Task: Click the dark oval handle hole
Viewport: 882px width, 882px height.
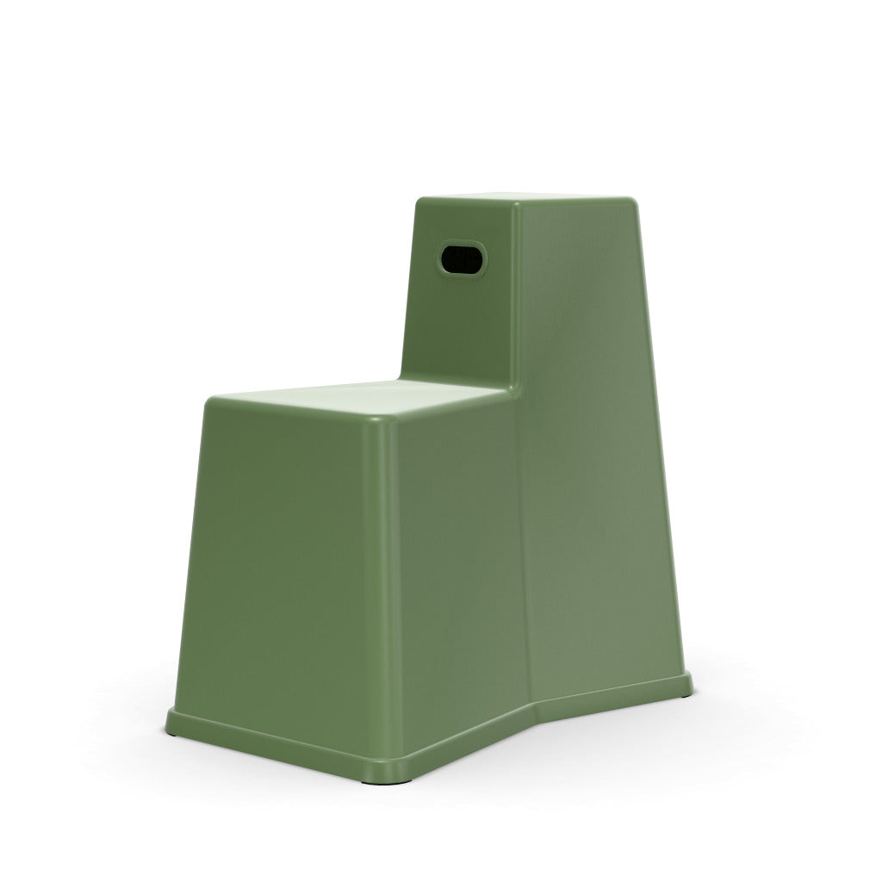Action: click(x=463, y=258)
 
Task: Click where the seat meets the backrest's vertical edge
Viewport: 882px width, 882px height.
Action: click(x=515, y=389)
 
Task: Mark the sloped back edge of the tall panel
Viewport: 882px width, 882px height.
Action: click(x=655, y=431)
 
